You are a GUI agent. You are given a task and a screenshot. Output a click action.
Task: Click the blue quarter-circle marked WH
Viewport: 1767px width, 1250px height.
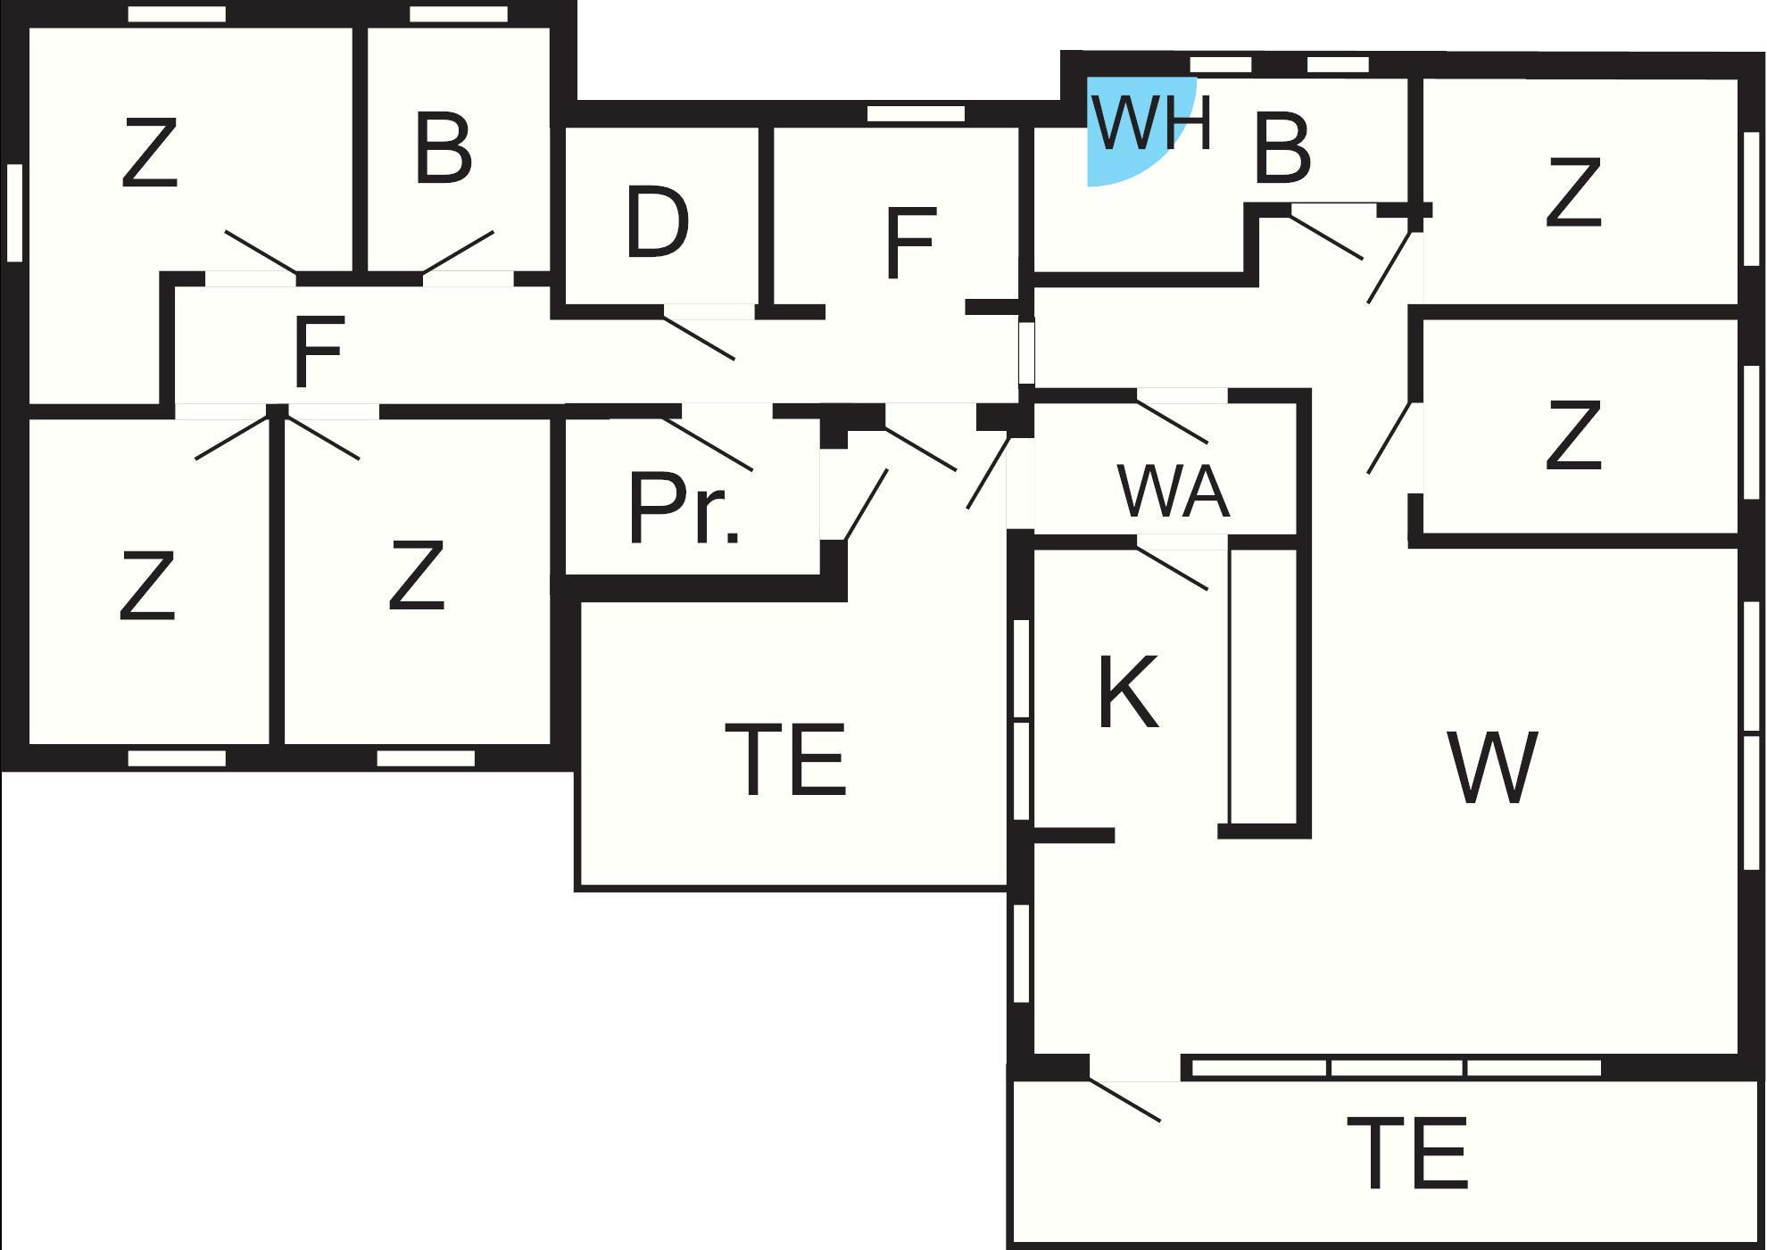click(1126, 134)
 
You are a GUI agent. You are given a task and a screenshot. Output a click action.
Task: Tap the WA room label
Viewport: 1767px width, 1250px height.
click(1173, 493)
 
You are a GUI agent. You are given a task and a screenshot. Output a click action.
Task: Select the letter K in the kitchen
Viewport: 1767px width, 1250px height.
click(1128, 692)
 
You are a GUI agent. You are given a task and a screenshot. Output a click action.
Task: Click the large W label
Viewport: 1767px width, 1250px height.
click(1492, 767)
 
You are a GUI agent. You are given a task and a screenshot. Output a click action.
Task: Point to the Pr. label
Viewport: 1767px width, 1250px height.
click(684, 510)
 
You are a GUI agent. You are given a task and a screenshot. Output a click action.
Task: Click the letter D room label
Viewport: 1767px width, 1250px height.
click(657, 223)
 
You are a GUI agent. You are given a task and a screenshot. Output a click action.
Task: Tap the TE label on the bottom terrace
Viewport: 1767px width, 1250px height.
click(1406, 1155)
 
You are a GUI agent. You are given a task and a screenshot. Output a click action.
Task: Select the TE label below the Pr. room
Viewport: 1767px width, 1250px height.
click(785, 760)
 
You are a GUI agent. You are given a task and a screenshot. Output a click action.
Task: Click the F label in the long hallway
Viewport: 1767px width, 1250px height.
click(318, 353)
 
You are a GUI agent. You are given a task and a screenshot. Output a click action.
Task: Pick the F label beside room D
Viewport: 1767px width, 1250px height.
click(910, 243)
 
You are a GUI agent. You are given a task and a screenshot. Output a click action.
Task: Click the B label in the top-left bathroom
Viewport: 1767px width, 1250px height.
click(443, 150)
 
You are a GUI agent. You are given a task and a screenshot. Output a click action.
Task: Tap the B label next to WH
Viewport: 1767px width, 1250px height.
click(1282, 148)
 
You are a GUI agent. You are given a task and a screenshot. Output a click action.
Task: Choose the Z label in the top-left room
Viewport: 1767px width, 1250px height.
click(149, 155)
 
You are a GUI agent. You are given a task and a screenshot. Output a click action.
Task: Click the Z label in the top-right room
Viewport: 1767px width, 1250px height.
click(1572, 193)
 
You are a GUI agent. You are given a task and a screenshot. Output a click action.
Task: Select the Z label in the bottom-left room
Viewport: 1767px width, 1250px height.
click(147, 586)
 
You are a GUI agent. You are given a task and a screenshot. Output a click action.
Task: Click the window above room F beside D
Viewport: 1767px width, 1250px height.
click(916, 113)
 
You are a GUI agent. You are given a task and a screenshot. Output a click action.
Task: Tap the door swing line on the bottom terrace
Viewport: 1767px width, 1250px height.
click(1124, 1100)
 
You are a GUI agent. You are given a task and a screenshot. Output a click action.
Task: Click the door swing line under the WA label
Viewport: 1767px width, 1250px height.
click(1172, 568)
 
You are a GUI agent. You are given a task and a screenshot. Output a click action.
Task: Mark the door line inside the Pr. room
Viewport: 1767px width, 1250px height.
click(708, 444)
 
